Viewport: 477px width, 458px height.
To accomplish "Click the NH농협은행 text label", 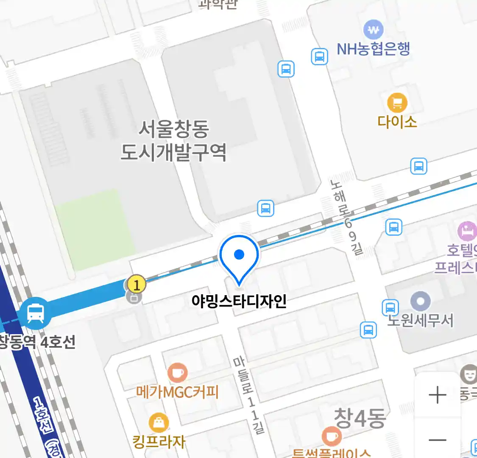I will click(373, 49).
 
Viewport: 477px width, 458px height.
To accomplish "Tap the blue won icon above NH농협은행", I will click(373, 30).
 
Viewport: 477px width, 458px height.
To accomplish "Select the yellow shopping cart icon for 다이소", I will click(397, 103).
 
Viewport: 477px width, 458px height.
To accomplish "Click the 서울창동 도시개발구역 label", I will click(173, 140).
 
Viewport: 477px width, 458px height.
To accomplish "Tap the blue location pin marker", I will click(239, 256).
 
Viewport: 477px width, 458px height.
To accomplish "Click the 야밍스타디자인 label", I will click(239, 301).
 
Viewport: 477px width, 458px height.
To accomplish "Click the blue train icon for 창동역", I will click(36, 314).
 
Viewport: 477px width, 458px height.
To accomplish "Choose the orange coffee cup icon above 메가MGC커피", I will click(177, 373).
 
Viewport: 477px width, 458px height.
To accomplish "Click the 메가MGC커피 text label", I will click(177, 391).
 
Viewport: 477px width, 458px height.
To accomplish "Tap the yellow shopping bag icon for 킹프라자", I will click(159, 422).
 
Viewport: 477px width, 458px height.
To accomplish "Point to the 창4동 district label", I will click(360, 419).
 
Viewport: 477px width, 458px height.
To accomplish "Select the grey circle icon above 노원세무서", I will click(421, 301).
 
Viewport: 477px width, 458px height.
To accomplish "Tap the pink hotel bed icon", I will click(467, 232).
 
